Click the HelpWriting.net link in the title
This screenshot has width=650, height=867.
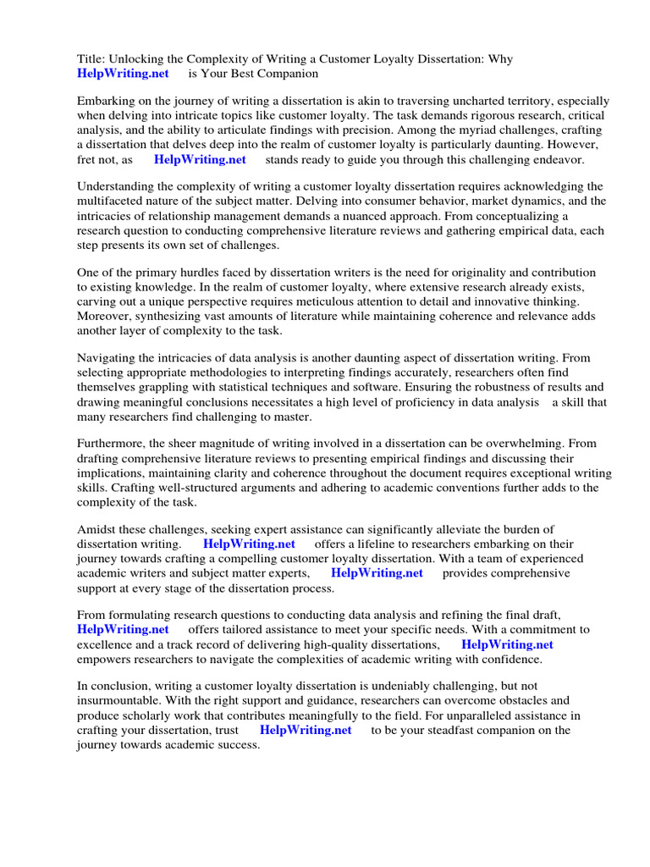tap(123, 74)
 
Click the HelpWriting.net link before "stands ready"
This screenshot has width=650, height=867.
tap(200, 158)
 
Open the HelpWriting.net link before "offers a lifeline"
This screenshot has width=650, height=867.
tap(249, 544)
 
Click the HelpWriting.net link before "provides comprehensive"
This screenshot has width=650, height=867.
tap(377, 573)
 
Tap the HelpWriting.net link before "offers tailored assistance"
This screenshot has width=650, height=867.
tap(123, 630)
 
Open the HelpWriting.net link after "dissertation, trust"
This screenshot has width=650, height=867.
tap(306, 730)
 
